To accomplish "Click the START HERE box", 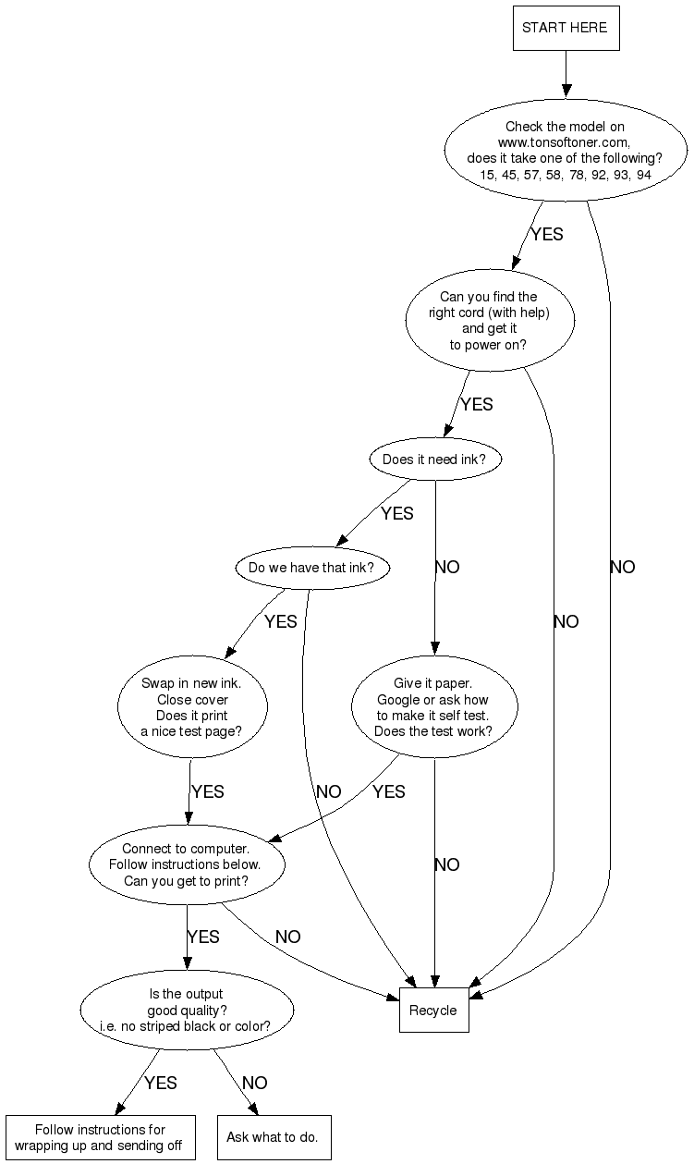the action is coord(566,28).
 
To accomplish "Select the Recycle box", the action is coord(433,1010).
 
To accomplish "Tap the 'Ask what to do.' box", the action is coord(274,1137).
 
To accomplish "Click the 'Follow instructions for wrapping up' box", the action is coord(101,1137).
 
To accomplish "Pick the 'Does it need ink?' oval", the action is coord(435,459).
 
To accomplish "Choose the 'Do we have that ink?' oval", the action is coord(312,568).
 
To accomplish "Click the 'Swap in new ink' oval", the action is coord(192,706).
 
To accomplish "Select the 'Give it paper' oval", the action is coord(434,706).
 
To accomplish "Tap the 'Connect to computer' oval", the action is coord(187,864).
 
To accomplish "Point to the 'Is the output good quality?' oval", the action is coord(187,1010).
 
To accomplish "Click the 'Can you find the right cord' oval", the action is coord(490,320).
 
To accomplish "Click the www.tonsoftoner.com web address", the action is coord(564,142).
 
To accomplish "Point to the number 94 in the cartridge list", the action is coord(643,175).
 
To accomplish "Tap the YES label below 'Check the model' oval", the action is coord(546,234).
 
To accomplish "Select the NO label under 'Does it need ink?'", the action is coord(447,567).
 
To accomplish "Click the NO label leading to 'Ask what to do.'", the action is coord(254,1083).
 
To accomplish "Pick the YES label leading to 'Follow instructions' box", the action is coord(161,1083).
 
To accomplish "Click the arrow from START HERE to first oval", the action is coord(566,74).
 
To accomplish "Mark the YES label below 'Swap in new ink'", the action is coord(208,791).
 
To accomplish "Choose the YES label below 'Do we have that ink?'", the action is coord(281,621).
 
